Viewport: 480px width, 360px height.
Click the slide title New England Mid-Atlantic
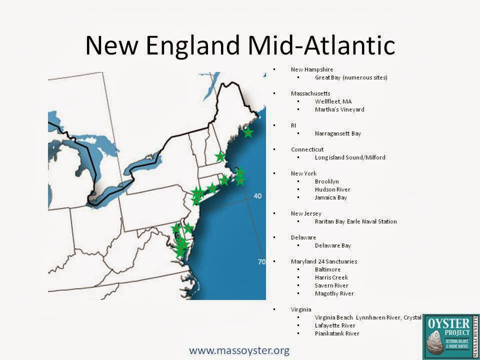pos(240,45)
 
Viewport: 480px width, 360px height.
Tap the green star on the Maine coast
pos(248,132)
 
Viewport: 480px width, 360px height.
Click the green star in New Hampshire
pos(220,156)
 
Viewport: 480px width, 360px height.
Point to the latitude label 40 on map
pos(257,196)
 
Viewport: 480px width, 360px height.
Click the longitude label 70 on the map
pos(261,262)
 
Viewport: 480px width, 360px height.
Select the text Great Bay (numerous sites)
pos(351,77)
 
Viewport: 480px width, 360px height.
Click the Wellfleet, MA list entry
pos(333,101)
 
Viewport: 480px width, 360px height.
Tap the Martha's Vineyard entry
pos(339,109)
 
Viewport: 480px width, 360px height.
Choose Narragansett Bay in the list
pos(337,133)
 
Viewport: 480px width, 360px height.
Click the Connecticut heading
pos(307,149)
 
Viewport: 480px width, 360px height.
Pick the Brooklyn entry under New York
pos(326,181)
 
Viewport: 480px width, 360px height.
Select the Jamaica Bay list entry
pos(330,197)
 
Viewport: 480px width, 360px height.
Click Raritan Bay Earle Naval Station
pos(355,221)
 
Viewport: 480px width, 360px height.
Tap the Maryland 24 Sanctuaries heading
pos(324,261)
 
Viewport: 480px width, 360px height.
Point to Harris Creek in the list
pos(331,277)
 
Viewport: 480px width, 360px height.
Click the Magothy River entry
pos(334,293)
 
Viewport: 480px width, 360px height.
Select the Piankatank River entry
pos(337,333)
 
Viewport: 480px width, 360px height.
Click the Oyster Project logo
pos(450,336)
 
